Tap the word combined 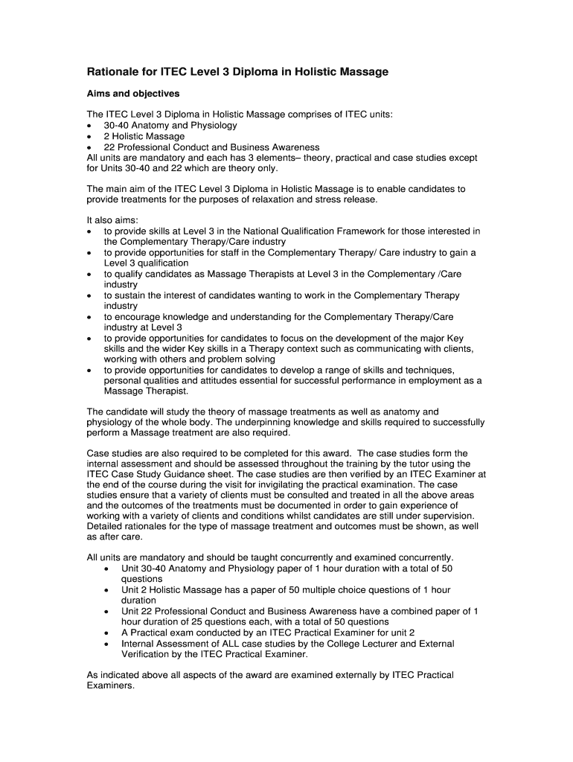[x=403, y=612]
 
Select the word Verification [x=147, y=655]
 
